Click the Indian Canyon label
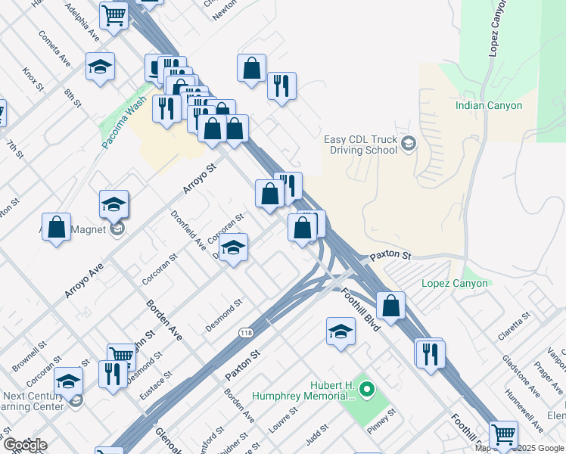489,105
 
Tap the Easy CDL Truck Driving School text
359,145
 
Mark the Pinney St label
382,418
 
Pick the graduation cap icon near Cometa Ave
100,67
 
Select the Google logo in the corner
24,445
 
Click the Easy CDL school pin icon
409,145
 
